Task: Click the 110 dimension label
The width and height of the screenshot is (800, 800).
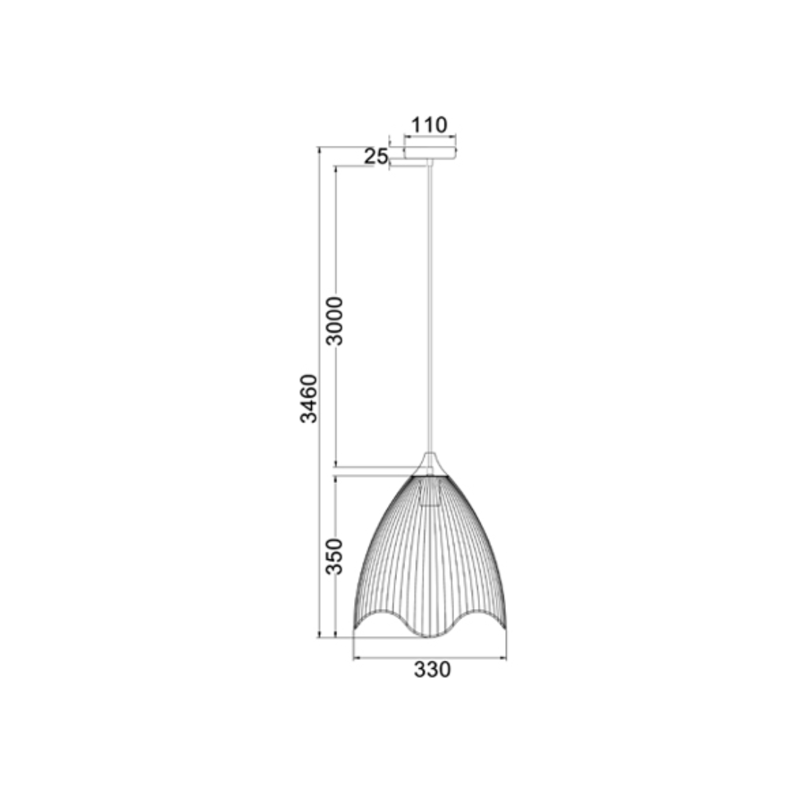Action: click(429, 125)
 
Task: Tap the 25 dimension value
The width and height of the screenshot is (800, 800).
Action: click(376, 156)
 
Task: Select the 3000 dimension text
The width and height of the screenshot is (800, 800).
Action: click(335, 321)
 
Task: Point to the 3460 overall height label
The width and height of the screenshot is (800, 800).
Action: click(308, 399)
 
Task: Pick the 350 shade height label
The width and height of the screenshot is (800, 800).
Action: click(335, 556)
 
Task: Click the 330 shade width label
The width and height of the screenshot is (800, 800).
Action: click(432, 670)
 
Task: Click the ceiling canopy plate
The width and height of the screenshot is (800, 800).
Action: click(430, 153)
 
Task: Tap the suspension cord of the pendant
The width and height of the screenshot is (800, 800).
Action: click(430, 306)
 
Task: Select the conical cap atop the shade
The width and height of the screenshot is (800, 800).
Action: click(430, 464)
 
